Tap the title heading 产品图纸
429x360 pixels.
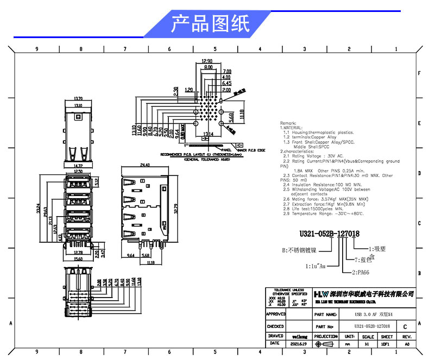[210, 24]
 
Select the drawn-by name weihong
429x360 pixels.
[299, 337]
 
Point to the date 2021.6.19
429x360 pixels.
[299, 344]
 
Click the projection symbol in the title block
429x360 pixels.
[326, 344]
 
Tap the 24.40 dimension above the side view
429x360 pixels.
[145, 165]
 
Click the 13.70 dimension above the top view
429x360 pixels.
[78, 99]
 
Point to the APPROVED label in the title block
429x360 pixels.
[275, 314]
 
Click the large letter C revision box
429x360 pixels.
[405, 327]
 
